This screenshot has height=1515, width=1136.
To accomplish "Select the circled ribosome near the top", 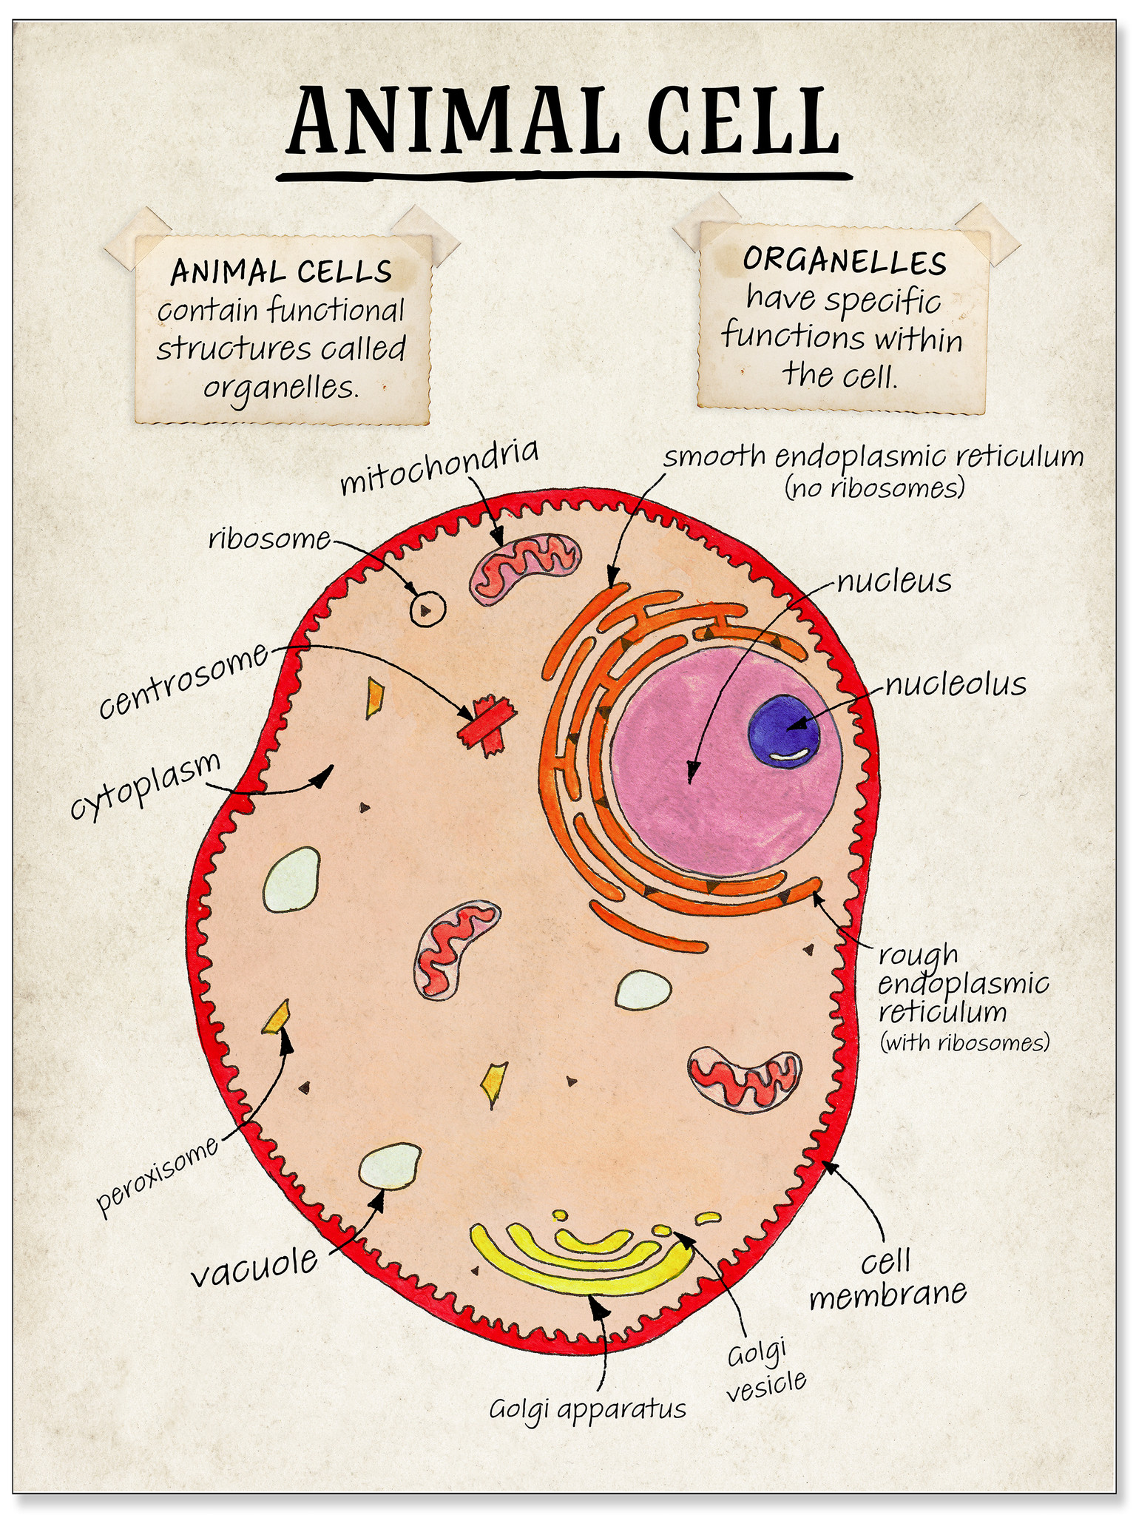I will pyautogui.click(x=427, y=609).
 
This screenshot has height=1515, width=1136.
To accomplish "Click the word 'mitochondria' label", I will pyautogui.click(x=439, y=469).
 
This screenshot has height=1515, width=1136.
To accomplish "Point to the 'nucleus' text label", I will pyautogui.click(x=894, y=582).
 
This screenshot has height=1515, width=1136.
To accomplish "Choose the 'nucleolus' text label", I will pyautogui.click(x=956, y=684).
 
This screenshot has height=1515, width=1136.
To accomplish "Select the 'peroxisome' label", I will pyautogui.click(x=158, y=1175).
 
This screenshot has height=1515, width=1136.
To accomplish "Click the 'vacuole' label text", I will pyautogui.click(x=255, y=1266).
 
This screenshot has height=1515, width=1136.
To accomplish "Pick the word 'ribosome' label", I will pyautogui.click(x=268, y=539).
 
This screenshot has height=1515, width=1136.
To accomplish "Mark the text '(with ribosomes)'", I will pyautogui.click(x=964, y=1043).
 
